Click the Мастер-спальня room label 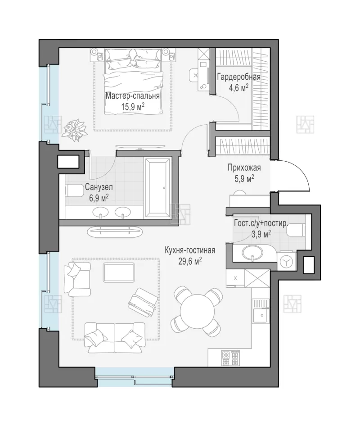(132, 96)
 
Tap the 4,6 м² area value (238, 88)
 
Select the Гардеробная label (238, 77)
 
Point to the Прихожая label (244, 168)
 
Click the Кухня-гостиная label (190, 250)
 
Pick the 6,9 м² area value (99, 198)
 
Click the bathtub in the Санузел (158, 188)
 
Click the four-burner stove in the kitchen (230, 358)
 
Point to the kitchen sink (261, 313)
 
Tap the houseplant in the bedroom (75, 130)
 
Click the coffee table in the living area (119, 272)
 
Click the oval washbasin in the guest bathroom (252, 253)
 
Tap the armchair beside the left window (77, 279)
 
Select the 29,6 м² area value (190, 261)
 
